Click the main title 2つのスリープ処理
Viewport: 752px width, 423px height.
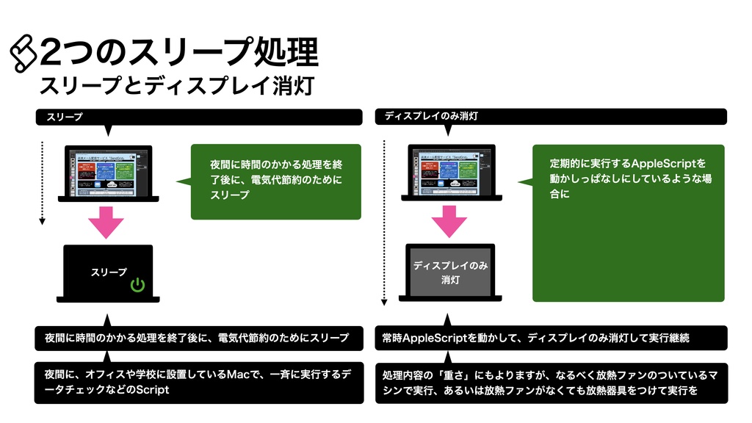(180, 53)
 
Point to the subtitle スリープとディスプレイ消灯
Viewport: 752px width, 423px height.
(177, 86)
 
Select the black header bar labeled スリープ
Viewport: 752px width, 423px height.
(199, 117)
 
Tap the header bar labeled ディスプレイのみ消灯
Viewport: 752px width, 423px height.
(551, 117)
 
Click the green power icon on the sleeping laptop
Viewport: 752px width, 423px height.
(137, 285)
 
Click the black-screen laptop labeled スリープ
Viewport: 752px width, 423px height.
(109, 273)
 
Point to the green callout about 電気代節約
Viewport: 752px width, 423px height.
(275, 181)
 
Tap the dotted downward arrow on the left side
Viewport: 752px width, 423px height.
(43, 182)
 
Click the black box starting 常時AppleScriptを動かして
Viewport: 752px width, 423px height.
(551, 339)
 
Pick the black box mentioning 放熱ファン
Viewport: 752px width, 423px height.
(551, 383)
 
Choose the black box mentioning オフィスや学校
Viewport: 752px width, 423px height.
(199, 383)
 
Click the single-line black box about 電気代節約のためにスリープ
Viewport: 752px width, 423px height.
(199, 339)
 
